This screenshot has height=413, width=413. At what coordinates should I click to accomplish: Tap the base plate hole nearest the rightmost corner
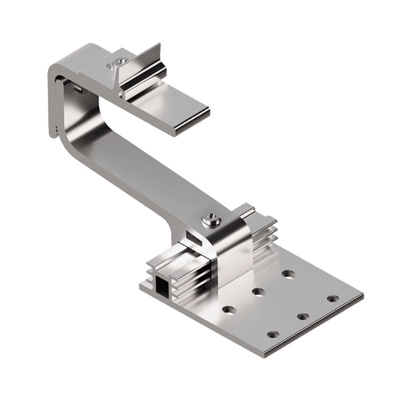(332, 298)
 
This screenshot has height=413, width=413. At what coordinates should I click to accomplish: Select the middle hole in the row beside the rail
(259, 292)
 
